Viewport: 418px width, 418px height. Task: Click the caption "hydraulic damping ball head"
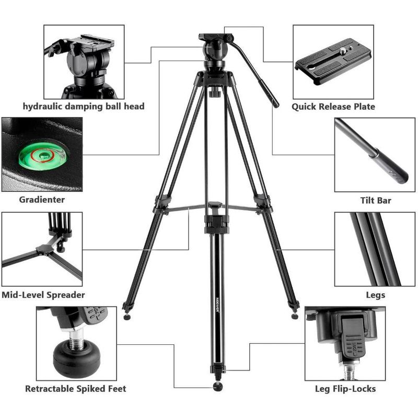[84, 107]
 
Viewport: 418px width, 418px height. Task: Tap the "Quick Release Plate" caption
[333, 107]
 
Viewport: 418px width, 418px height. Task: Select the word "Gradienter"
[42, 200]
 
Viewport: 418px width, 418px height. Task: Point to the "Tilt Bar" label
[376, 200]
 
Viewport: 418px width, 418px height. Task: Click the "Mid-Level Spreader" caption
[43, 295]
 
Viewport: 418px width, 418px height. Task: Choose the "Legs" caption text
[375, 295]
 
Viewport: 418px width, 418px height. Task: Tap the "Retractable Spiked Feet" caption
[75, 389]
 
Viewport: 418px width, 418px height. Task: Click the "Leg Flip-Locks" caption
[345, 389]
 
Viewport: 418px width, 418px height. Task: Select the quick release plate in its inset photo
[333, 61]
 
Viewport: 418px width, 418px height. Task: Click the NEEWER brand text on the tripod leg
[217, 305]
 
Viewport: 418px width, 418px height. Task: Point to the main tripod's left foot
[127, 317]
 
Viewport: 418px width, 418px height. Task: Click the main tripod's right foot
[295, 316]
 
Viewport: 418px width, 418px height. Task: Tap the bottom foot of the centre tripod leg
[217, 387]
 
